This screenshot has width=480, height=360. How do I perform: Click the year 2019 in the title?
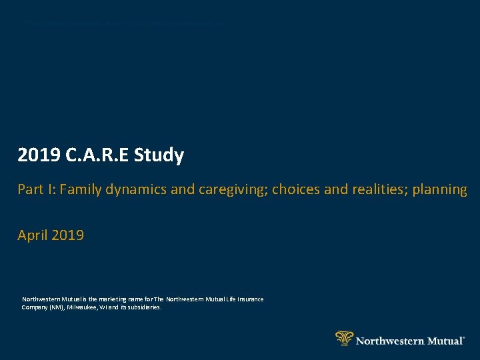pyautogui.click(x=37, y=155)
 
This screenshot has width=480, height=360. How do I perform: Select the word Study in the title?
pyautogui.click(x=159, y=155)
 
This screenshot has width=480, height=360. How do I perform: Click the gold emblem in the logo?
pyautogui.click(x=344, y=338)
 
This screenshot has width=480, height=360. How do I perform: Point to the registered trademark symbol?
pyautogui.click(x=464, y=337)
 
